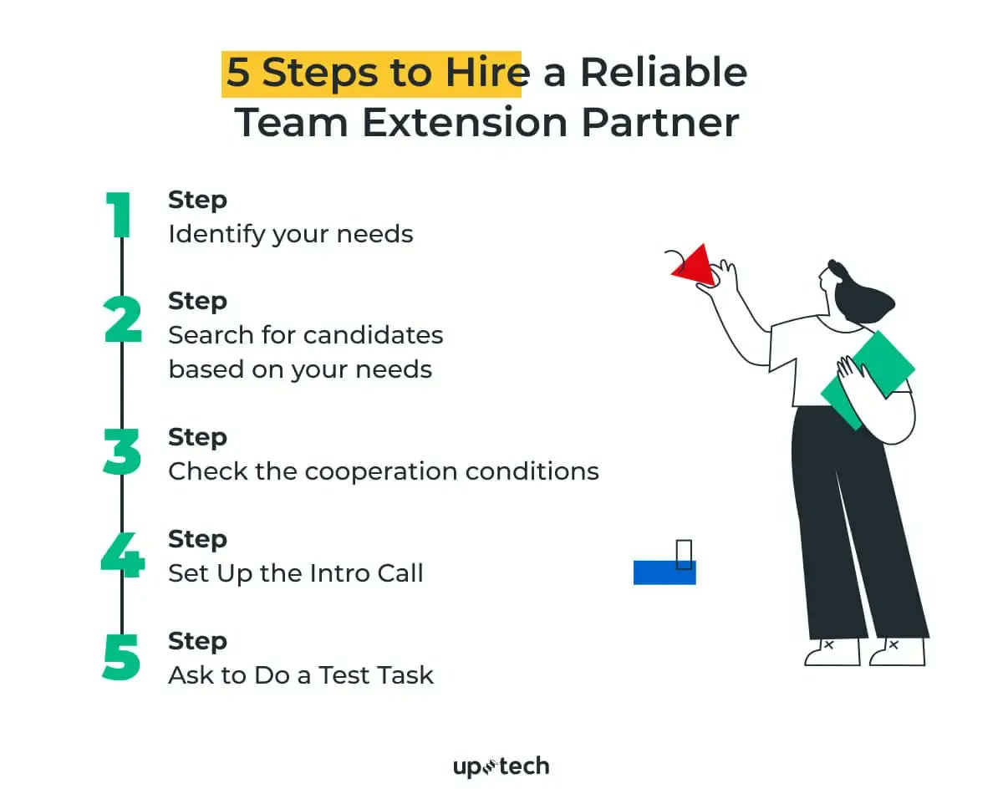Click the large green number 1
point(120,216)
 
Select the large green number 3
point(122,452)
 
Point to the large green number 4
point(122,554)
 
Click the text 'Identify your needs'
point(290,234)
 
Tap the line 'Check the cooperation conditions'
point(383,471)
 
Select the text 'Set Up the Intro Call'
point(295,573)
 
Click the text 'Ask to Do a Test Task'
point(300,675)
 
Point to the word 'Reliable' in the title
point(663,74)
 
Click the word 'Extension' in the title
point(464,122)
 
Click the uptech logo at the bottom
point(501,766)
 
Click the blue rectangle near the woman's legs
point(664,573)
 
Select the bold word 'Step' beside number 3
point(197,437)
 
